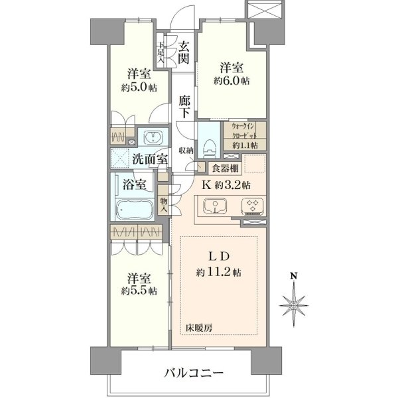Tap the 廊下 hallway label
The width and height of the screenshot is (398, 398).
[x=184, y=107]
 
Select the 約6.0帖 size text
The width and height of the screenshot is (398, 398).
[x=232, y=81]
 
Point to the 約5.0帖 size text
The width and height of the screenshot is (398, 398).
[x=139, y=88]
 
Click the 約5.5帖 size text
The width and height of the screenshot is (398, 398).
[x=139, y=291]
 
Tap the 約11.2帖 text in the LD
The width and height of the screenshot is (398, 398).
[x=218, y=273]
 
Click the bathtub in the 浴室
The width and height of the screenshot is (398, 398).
[x=135, y=210]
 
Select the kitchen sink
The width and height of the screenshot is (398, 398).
[x=215, y=206]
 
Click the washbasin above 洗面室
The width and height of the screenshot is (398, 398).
[x=153, y=137]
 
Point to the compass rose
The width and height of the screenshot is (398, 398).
[x=294, y=305]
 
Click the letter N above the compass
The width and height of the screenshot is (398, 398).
[x=294, y=276]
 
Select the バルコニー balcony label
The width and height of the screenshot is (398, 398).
[x=194, y=373]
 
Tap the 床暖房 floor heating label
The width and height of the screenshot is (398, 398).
[x=198, y=328]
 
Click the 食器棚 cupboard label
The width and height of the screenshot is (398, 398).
[x=226, y=168]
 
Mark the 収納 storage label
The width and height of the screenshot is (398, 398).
[x=186, y=151]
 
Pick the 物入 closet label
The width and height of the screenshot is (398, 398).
[x=164, y=206]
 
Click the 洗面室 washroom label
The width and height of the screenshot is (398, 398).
[x=150, y=160]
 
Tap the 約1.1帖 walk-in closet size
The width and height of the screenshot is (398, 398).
[x=245, y=145]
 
